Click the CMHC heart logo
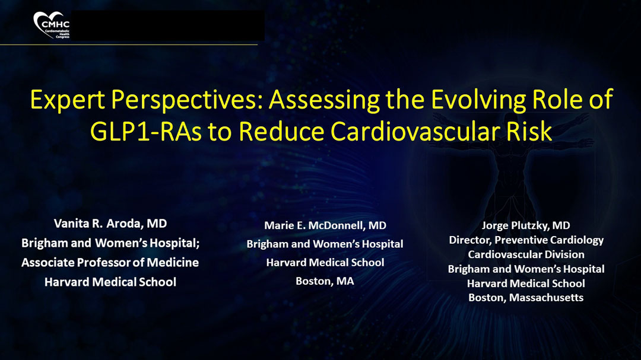click(x=52, y=26)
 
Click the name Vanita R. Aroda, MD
click(x=110, y=224)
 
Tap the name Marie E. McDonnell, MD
click(x=325, y=225)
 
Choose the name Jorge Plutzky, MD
click(x=526, y=225)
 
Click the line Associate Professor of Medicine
click(x=110, y=262)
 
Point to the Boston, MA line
click(x=325, y=281)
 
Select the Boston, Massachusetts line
click(x=526, y=298)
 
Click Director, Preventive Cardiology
click(x=526, y=240)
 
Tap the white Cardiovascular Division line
click(x=526, y=254)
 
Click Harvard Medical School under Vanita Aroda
click(x=110, y=282)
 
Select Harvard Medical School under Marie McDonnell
click(x=325, y=262)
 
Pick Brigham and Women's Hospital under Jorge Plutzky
click(x=526, y=269)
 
